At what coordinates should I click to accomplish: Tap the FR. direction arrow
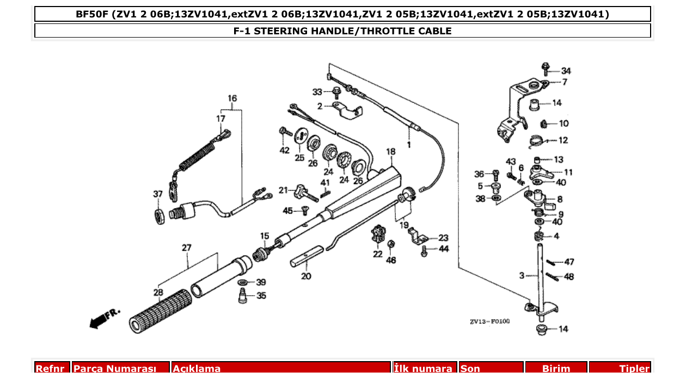point(104,319)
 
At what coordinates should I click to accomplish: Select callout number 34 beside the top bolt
point(566,71)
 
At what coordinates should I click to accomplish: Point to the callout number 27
point(187,248)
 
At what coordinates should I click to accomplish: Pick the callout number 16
point(232,99)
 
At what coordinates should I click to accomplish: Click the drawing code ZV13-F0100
point(490,321)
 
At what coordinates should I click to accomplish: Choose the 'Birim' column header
point(555,369)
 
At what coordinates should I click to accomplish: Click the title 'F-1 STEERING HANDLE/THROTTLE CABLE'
point(342,31)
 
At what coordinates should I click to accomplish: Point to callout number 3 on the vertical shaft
point(521,276)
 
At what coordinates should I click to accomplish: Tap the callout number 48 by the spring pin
point(569,277)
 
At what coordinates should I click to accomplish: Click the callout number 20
point(307,276)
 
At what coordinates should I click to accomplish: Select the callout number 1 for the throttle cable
point(408,145)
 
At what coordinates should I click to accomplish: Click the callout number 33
point(317,91)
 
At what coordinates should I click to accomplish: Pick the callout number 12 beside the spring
point(563,140)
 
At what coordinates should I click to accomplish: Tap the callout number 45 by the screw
point(287,210)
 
